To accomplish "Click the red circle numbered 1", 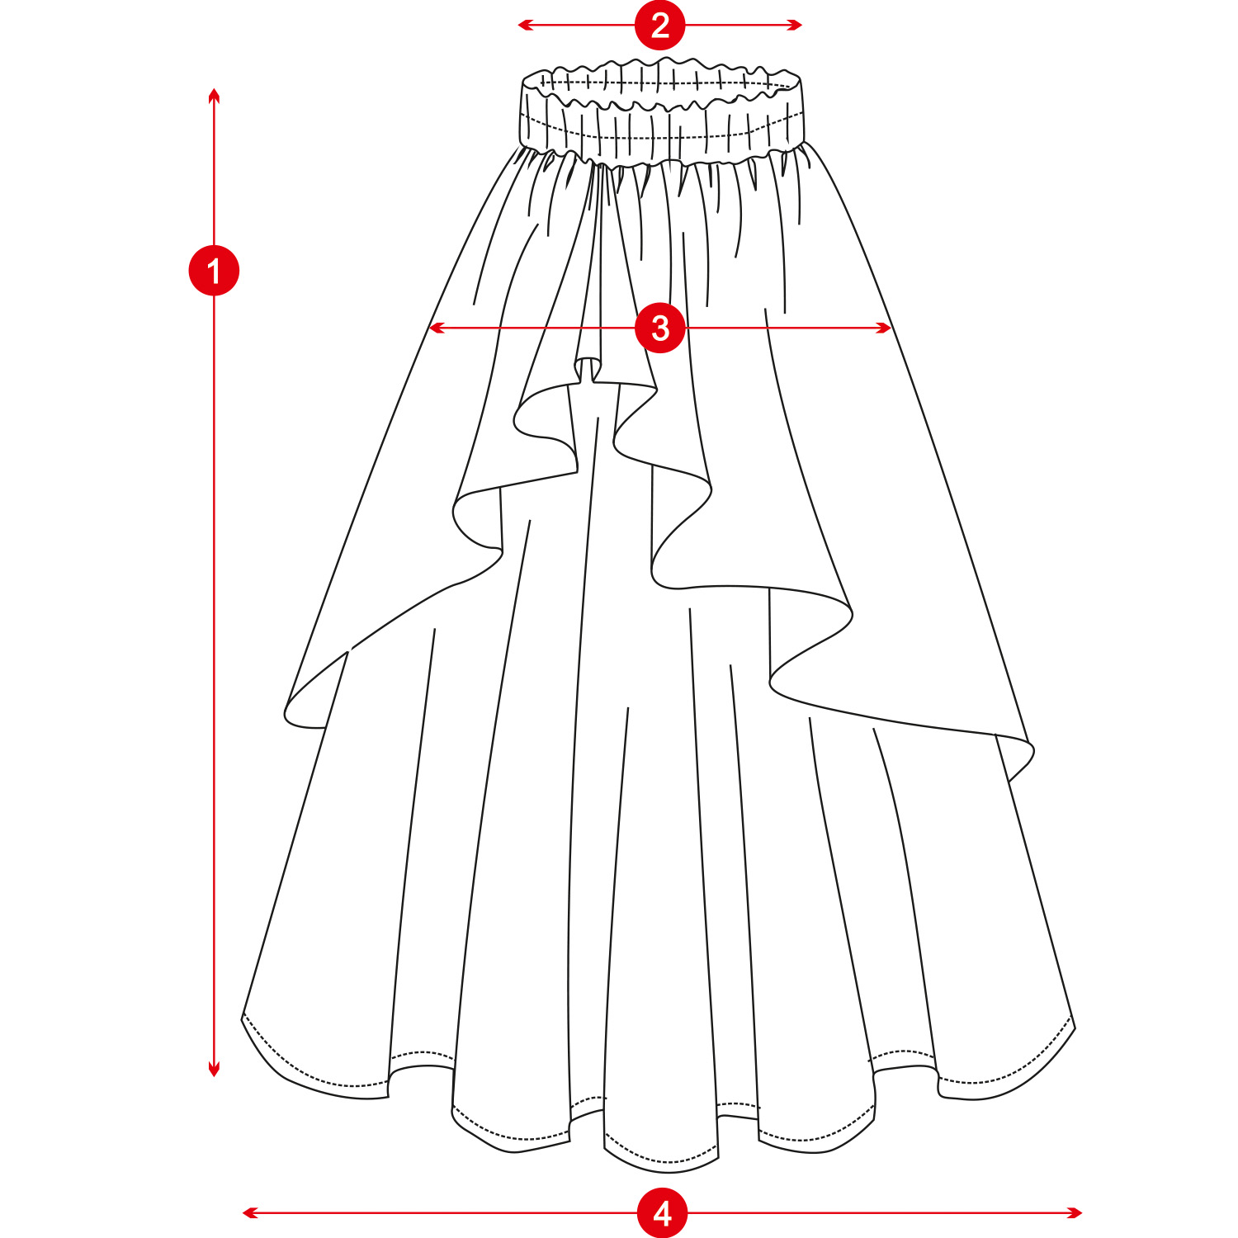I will (214, 271).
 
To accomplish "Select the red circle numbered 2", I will (659, 25).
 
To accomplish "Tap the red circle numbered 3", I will (659, 328).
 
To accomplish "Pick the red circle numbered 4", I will (662, 1212).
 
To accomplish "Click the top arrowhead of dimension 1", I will (214, 92).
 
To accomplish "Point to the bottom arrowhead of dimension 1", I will (214, 1073).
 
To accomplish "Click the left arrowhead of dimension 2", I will (521, 25).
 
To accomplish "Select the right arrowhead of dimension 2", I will (799, 25).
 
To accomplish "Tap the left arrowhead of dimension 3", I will (432, 328).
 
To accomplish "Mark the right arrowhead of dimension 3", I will (888, 328).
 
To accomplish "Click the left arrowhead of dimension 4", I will (246, 1212).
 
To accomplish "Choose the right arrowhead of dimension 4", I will (1078, 1212).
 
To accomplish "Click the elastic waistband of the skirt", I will (660, 116).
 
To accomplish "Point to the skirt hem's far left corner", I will (243, 1015).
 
